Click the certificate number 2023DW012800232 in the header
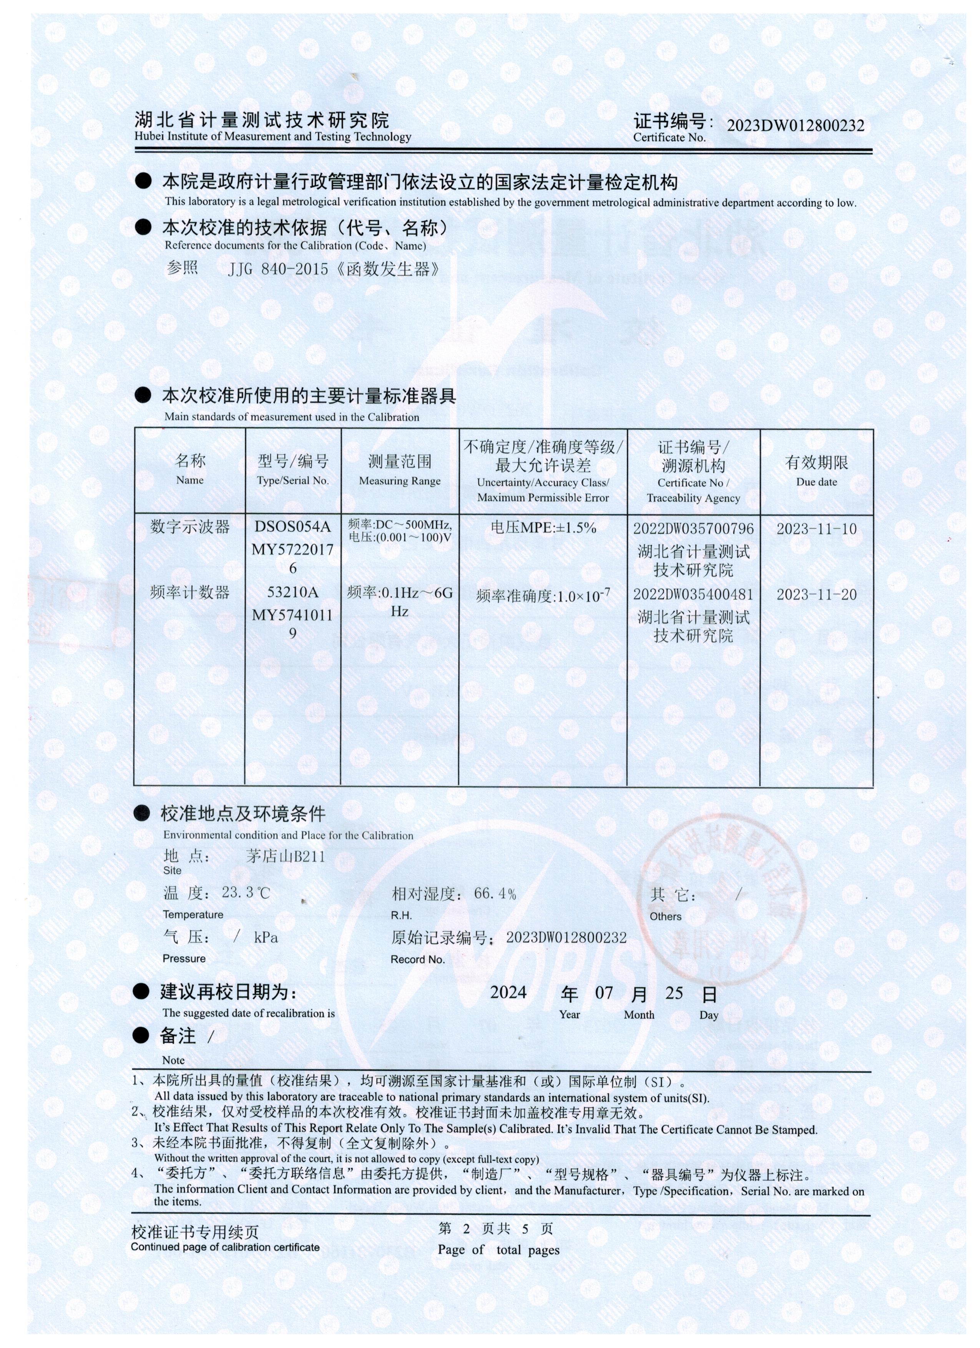click(795, 125)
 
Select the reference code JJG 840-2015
click(277, 269)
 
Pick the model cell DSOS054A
click(292, 527)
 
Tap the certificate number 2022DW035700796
click(693, 529)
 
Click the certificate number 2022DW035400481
click(693, 594)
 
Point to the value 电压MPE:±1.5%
click(543, 527)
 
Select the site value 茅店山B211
click(285, 856)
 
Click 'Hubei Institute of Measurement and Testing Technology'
click(272, 137)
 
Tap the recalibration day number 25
click(674, 993)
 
